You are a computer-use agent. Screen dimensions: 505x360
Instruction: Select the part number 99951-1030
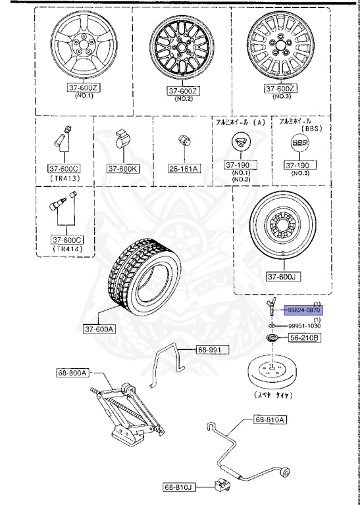pyautogui.click(x=304, y=324)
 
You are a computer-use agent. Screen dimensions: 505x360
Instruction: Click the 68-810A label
pyautogui.click(x=270, y=419)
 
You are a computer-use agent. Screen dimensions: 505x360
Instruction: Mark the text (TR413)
pyautogui.click(x=64, y=178)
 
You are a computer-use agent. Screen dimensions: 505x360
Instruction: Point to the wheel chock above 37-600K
pyautogui.click(x=123, y=140)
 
